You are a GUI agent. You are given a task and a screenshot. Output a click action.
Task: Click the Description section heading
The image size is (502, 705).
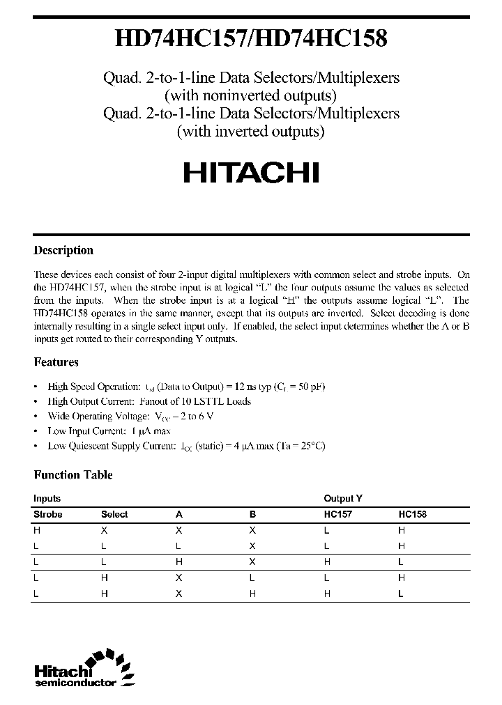[x=63, y=251]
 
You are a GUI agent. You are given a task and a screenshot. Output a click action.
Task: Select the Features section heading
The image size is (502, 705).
[x=56, y=362]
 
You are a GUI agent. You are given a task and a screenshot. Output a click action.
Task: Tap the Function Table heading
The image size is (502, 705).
[x=73, y=475]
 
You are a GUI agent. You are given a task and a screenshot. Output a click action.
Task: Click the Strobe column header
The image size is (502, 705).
[x=48, y=514]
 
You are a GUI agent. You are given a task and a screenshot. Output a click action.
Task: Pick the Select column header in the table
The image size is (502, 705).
[x=114, y=514]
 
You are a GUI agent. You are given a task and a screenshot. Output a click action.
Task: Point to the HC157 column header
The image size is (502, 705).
[x=338, y=514]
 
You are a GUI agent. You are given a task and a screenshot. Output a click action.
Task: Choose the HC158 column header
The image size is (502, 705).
[x=413, y=514]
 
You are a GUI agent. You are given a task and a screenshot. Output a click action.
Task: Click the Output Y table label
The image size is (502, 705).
[x=343, y=499]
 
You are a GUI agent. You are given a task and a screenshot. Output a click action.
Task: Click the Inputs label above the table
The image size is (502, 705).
[x=47, y=499]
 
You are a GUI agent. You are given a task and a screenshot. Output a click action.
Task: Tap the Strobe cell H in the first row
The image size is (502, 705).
[x=37, y=530]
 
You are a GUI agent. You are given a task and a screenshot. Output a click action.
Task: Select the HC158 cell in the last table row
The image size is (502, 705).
[x=401, y=594]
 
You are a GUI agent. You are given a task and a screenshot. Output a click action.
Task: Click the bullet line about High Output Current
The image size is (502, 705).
[x=149, y=401]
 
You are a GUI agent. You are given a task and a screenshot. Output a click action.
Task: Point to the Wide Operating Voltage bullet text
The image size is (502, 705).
[x=130, y=416]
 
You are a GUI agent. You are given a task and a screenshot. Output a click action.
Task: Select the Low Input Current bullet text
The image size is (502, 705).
[x=109, y=431]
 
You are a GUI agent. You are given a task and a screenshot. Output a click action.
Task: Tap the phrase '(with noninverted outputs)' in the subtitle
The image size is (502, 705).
[x=251, y=95]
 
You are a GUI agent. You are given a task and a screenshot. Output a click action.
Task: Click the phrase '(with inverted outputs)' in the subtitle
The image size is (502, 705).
[x=251, y=131]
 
